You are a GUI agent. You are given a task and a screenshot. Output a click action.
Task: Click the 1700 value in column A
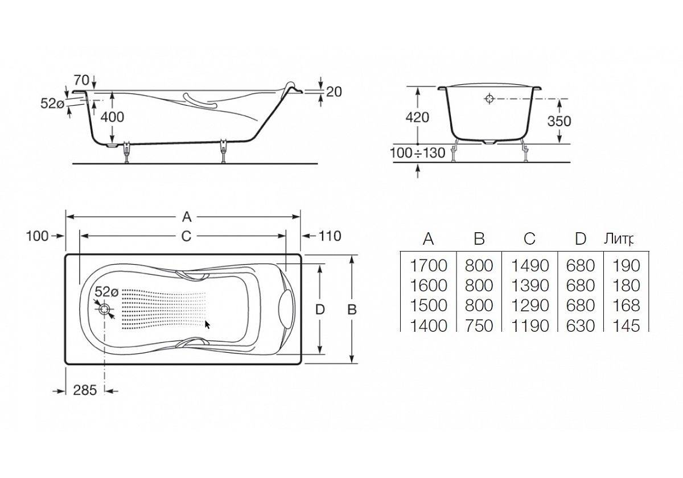coord(429,265)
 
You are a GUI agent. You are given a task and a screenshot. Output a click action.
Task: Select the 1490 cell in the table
coord(529,265)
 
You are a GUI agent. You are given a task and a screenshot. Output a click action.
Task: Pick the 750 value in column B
coord(479,325)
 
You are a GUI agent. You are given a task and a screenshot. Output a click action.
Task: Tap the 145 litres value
coord(627,325)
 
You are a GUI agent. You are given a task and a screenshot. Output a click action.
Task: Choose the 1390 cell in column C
coord(529,285)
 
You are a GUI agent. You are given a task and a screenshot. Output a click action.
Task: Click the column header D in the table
coord(580,239)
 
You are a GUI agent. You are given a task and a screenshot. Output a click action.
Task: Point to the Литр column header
coord(618,239)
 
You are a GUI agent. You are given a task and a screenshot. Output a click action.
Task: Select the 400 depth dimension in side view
coord(112,117)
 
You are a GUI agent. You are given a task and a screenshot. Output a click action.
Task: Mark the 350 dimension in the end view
coord(558,121)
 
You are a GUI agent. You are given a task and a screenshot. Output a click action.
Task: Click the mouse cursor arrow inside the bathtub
coord(208,325)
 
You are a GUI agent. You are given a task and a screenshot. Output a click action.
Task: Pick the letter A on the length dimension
coord(186,216)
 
